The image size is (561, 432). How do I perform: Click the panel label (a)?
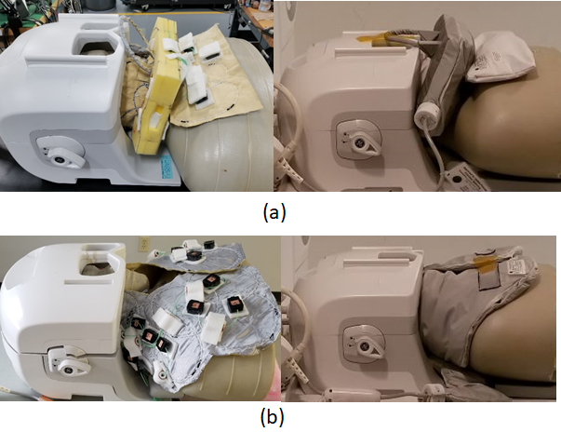click(274, 212)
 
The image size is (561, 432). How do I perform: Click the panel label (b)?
click(273, 416)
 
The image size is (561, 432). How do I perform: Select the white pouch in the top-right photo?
click(500, 59)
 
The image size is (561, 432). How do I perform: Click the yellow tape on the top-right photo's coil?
click(373, 39)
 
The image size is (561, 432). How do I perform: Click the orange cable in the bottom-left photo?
click(40, 398)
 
